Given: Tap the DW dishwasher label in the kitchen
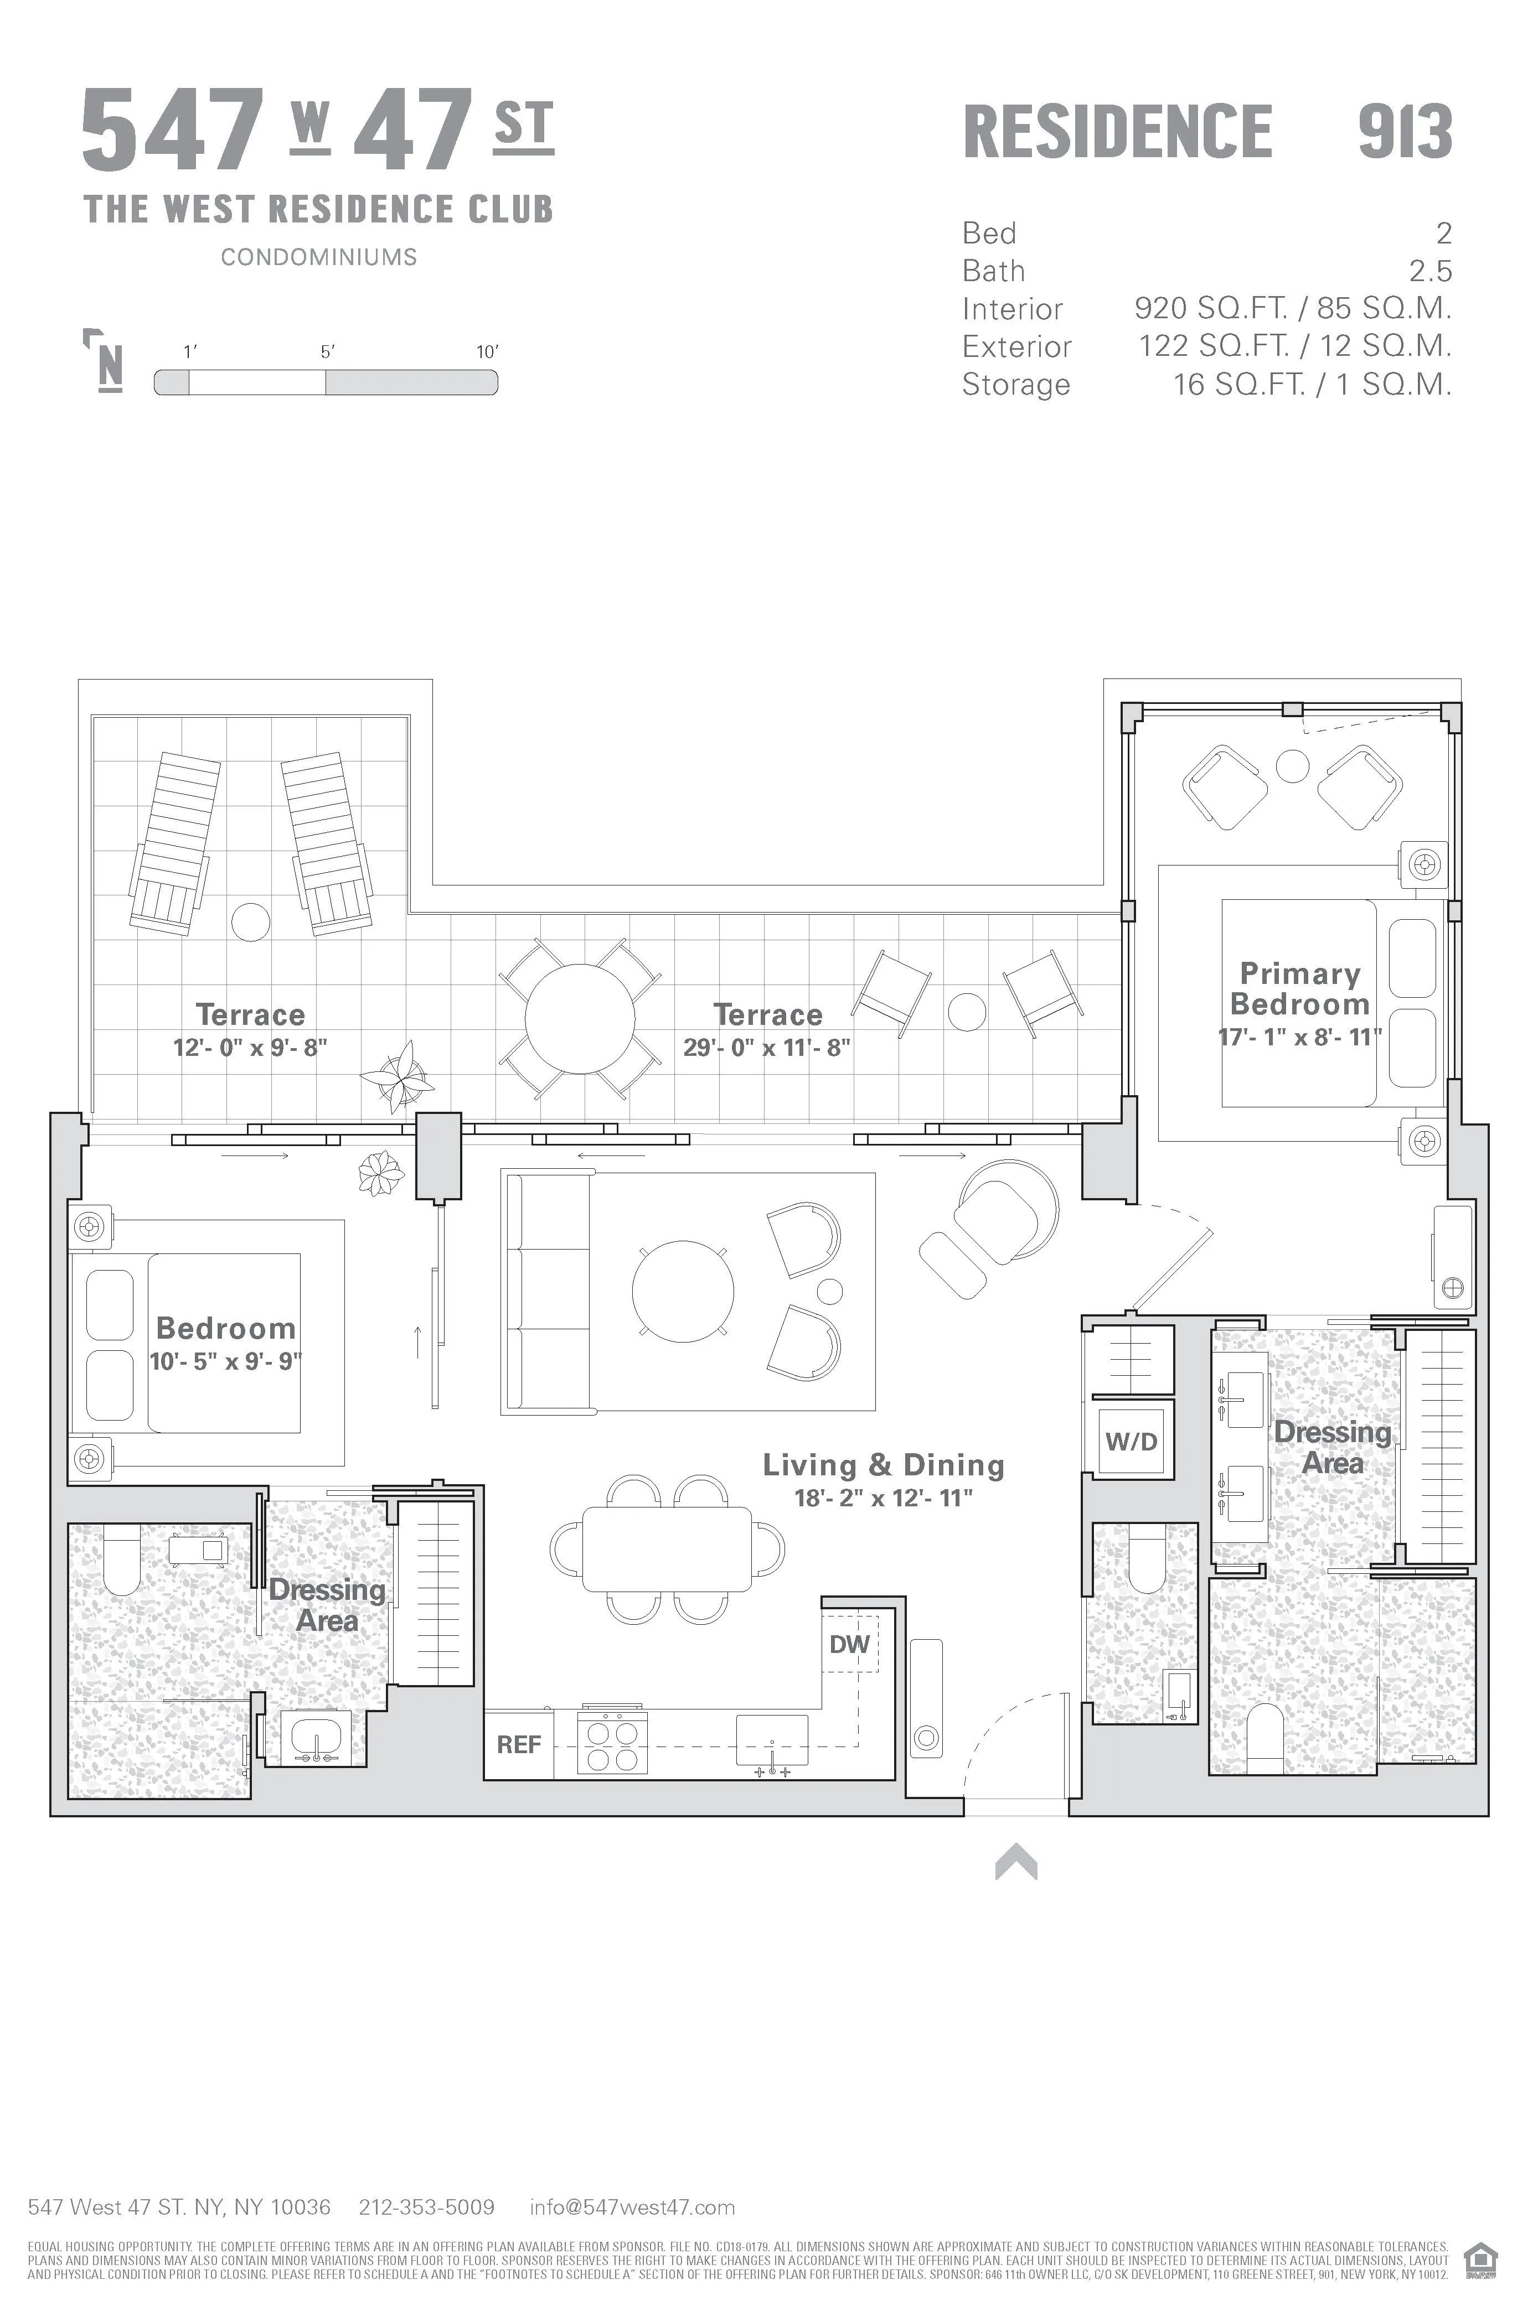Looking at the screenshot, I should pyautogui.click(x=849, y=1644).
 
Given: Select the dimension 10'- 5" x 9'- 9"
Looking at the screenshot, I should pyautogui.click(x=225, y=1362).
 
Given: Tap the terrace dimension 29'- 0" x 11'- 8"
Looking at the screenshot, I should pyautogui.click(x=767, y=1047).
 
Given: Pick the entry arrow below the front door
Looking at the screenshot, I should pyautogui.click(x=1016, y=1861).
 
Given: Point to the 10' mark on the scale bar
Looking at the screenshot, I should pyautogui.click(x=488, y=352).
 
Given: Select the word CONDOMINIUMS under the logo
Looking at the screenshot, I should pyautogui.click(x=319, y=257).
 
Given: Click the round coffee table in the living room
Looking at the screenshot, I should pyautogui.click(x=683, y=1291).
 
